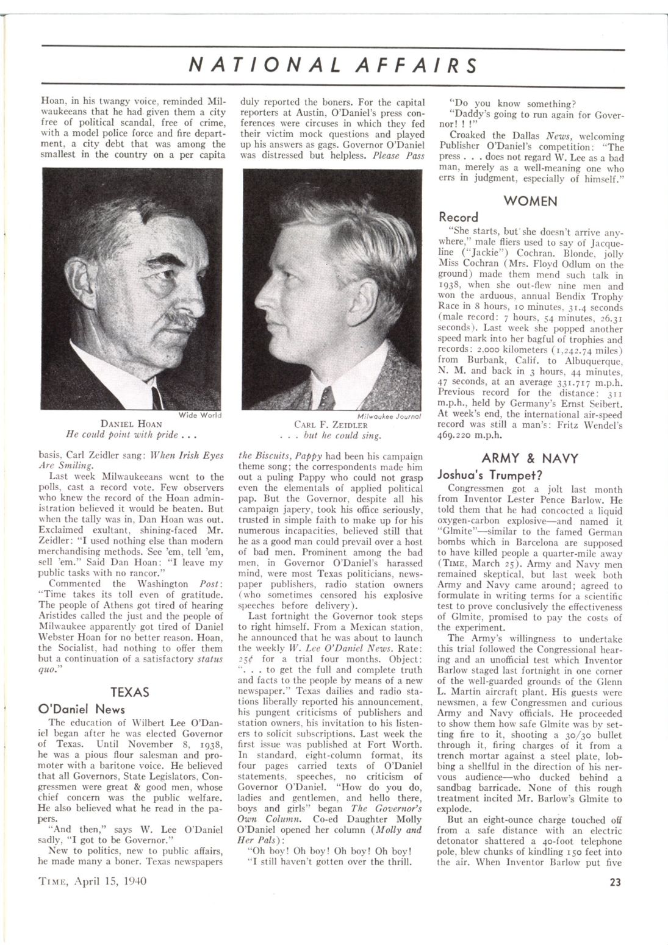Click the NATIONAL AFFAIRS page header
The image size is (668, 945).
[332, 65]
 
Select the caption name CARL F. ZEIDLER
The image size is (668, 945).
[331, 424]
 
